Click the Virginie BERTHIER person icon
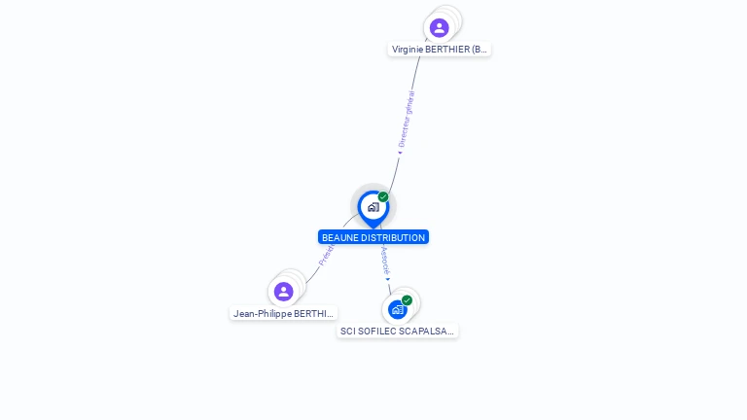coord(439,27)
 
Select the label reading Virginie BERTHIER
coord(440,50)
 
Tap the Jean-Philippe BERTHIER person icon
coord(283,292)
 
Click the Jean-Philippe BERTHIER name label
coord(284,314)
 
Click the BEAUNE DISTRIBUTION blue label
coord(373,237)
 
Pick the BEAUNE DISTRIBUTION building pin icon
coord(373,207)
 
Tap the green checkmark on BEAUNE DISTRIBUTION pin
coord(383,197)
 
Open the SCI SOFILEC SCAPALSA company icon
coord(397,309)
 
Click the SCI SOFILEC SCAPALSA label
coord(397,332)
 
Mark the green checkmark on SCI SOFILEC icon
coord(407,300)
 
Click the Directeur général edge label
coord(408,119)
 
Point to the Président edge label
coord(327,255)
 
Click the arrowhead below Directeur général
coord(399,152)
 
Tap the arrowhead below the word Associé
coord(388,279)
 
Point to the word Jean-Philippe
coord(262,314)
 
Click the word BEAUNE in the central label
coord(339,237)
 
